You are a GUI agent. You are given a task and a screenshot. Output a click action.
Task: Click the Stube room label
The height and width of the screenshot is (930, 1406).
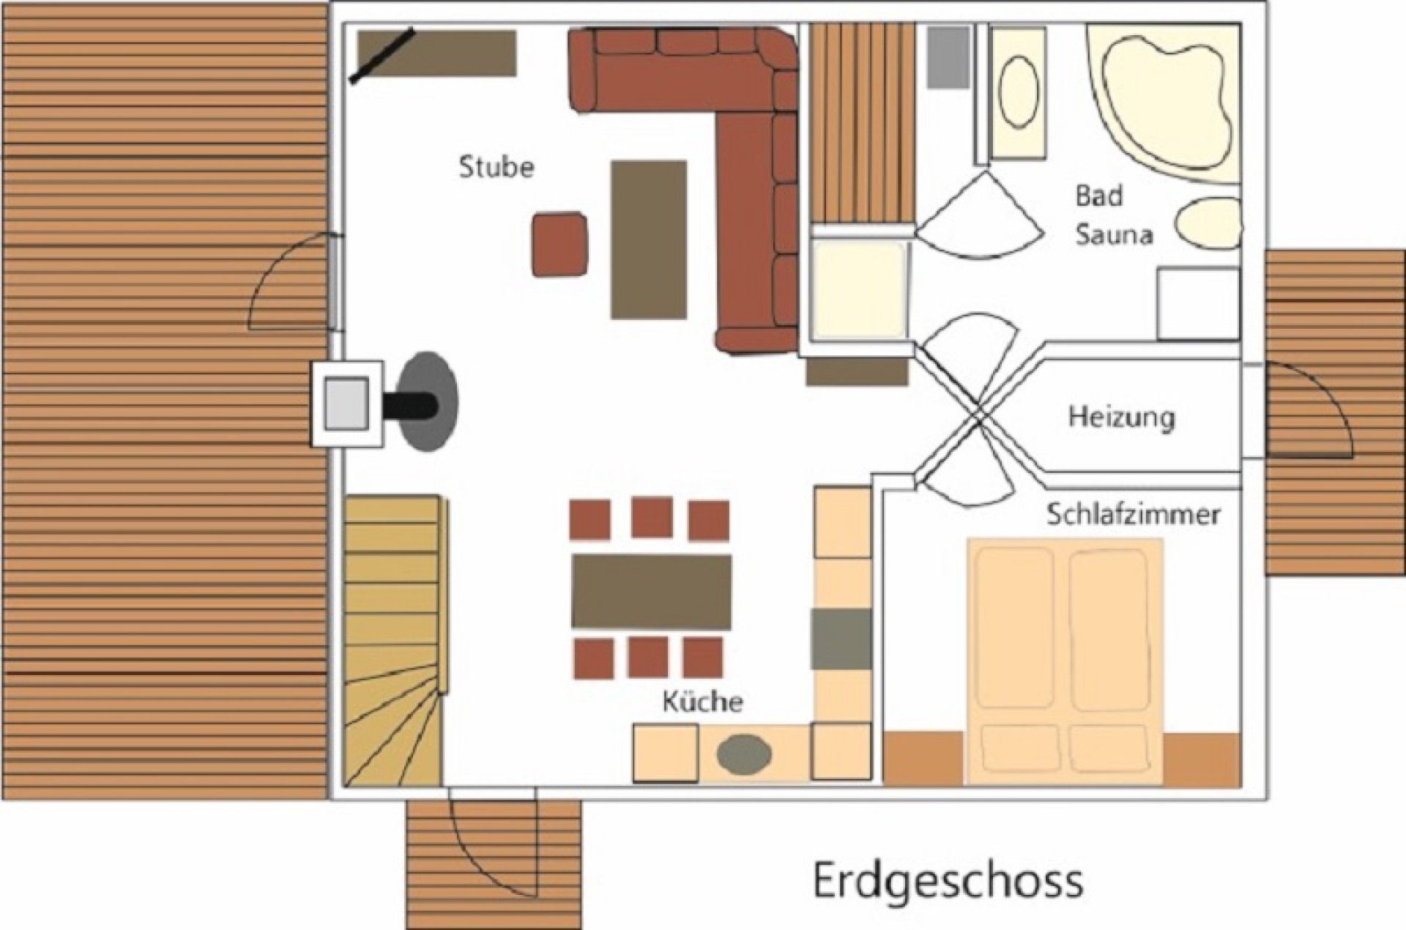tap(496, 168)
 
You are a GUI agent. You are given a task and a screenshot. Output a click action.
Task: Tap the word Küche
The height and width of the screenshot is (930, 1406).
tap(702, 702)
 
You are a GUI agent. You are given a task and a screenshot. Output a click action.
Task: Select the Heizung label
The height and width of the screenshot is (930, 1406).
tap(1121, 417)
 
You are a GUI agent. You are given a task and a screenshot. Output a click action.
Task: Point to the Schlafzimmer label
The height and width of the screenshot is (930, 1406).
tap(1133, 514)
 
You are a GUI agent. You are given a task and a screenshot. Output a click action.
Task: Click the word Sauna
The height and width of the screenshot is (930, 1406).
tap(1114, 234)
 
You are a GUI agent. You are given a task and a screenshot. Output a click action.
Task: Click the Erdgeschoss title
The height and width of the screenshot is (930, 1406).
tap(948, 881)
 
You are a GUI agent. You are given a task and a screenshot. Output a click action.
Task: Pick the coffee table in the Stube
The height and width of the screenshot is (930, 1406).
tap(649, 239)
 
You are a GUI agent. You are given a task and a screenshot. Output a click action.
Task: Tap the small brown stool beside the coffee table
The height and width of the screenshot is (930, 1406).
tap(559, 245)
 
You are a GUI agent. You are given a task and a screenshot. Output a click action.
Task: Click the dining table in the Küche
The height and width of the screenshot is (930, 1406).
tap(651, 591)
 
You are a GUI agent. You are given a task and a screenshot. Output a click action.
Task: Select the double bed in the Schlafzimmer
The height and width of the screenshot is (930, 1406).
tap(1064, 661)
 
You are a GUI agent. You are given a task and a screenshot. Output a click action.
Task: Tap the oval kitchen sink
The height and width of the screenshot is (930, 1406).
tap(745, 754)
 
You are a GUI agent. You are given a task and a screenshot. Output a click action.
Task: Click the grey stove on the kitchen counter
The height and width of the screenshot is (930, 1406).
tap(841, 638)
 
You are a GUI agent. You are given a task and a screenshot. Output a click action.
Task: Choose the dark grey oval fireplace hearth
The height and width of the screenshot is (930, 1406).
tap(427, 401)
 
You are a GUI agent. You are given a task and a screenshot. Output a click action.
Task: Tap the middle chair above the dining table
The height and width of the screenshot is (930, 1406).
tap(652, 517)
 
